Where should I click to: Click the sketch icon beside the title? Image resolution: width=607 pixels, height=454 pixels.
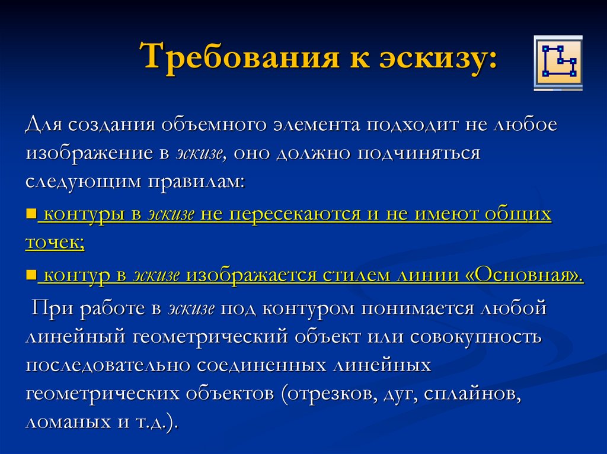tap(558, 63)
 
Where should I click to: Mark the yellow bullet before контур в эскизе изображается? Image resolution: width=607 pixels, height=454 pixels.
tap(31, 275)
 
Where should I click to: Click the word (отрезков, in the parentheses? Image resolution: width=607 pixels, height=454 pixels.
tap(322, 392)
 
